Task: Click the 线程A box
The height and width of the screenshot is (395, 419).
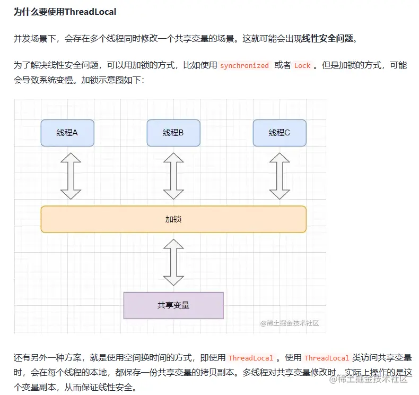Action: click(67, 133)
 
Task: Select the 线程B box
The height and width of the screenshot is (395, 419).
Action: click(173, 133)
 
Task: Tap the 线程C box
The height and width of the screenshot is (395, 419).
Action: click(280, 133)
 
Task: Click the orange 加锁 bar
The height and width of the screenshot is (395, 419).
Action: click(173, 219)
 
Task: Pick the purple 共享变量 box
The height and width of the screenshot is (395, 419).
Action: click(173, 305)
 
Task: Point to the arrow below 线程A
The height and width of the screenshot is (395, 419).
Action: click(71, 175)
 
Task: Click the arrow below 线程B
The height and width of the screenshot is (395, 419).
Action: click(173, 175)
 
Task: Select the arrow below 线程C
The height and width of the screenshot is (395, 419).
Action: click(280, 175)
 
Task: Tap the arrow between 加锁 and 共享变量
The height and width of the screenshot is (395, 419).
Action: click(173, 262)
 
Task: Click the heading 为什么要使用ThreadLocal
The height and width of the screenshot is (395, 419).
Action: click(65, 12)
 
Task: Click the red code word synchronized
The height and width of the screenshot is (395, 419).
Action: click(245, 66)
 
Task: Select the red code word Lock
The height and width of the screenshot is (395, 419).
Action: click(302, 66)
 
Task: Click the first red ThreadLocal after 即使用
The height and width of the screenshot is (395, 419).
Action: click(251, 358)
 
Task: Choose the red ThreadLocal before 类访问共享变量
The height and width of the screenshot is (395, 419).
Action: click(327, 358)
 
